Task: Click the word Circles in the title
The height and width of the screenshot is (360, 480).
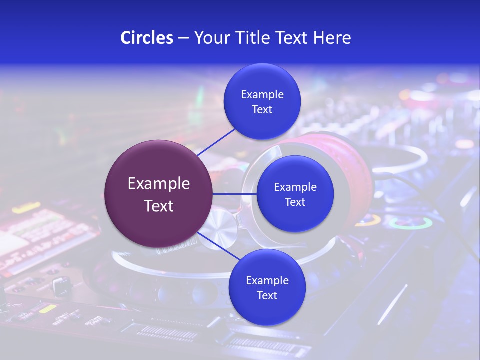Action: (146, 38)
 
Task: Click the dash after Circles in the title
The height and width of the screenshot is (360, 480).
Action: (183, 38)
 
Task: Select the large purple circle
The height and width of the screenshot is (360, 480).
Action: (159, 194)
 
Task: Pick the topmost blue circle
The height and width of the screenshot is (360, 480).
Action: (262, 102)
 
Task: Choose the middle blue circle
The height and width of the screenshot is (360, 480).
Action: (295, 194)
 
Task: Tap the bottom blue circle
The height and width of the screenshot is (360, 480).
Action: (267, 287)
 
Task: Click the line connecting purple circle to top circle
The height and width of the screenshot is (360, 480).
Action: (216, 141)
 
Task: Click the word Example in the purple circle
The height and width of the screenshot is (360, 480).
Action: (159, 184)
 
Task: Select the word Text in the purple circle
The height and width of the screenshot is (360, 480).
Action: (159, 206)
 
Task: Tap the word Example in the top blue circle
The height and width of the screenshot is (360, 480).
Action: (262, 95)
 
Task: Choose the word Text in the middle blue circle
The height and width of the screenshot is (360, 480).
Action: (295, 202)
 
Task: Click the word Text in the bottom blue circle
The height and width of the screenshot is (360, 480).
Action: (267, 295)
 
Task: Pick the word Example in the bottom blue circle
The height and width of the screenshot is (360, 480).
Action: (267, 280)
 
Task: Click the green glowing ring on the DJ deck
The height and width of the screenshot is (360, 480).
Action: (410, 223)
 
